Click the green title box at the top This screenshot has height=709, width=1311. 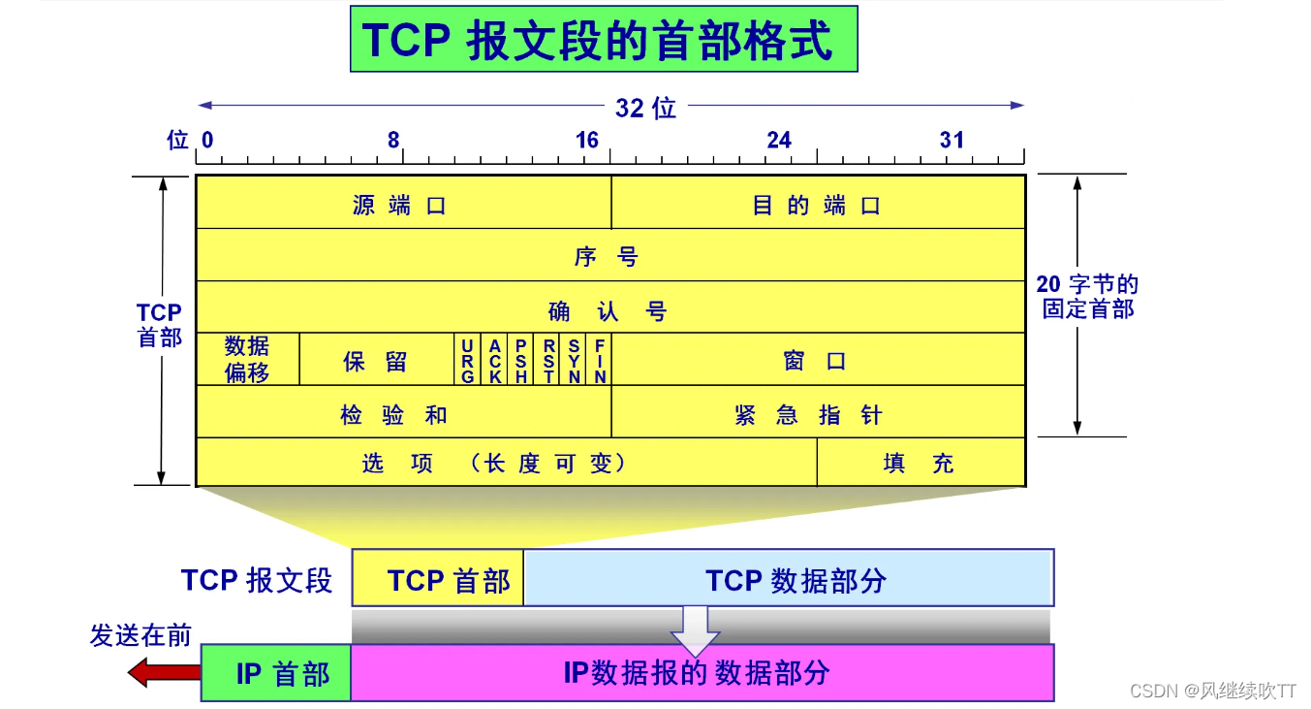[x=603, y=39]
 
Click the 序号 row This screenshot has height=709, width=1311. [x=610, y=255]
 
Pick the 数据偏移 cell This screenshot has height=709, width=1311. [x=247, y=360]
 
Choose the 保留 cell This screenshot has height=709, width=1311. [x=376, y=360]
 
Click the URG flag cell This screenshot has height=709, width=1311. [x=467, y=360]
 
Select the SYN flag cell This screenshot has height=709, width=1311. [x=574, y=360]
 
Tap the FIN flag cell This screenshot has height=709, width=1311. [x=601, y=360]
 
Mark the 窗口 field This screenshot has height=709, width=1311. [x=818, y=360]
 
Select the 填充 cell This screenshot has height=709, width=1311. [x=921, y=462]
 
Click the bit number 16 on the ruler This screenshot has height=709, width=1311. [x=587, y=141]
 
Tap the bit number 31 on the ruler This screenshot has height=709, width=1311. [x=952, y=141]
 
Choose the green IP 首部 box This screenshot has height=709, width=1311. [x=276, y=672]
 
